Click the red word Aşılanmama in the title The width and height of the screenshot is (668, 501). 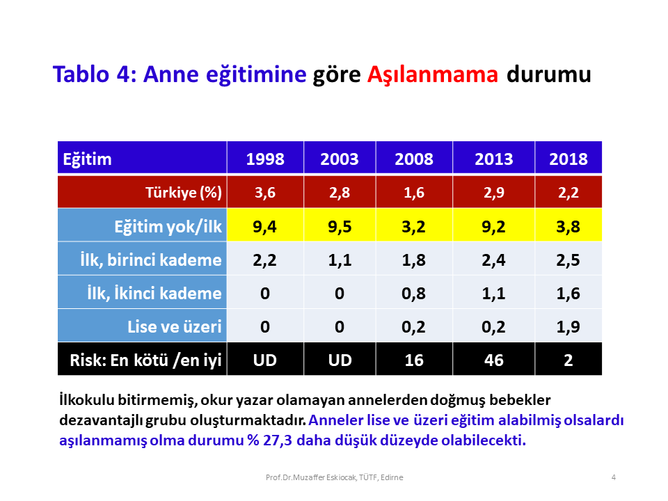[x=432, y=75]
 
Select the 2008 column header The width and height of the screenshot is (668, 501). [x=414, y=159]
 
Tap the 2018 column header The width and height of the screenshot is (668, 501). [x=568, y=159]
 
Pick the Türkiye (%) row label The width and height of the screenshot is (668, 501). [x=184, y=193]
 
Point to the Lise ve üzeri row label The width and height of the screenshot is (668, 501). [x=174, y=327]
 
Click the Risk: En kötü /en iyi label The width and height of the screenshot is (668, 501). [x=145, y=360]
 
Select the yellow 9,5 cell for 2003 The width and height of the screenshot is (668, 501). [x=340, y=226]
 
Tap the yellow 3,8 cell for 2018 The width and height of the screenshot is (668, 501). [x=568, y=226]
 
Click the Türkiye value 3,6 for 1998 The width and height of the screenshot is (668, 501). [x=265, y=193]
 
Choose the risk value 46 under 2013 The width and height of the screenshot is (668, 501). [x=494, y=360]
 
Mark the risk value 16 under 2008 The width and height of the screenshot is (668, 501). [x=413, y=360]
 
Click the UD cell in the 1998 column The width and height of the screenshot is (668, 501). [x=265, y=360]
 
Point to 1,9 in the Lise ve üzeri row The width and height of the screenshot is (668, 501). [x=568, y=327]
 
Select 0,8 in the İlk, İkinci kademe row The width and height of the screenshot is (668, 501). [x=413, y=294]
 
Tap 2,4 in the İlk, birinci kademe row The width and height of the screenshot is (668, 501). [x=493, y=260]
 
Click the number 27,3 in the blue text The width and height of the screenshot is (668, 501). [x=278, y=440]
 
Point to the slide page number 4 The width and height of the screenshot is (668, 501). [x=614, y=477]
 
